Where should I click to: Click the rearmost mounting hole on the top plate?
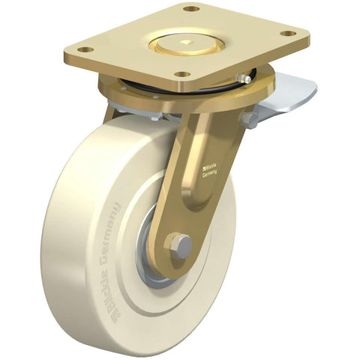192,8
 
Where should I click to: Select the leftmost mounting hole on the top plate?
85,49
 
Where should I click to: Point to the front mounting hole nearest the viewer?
181,75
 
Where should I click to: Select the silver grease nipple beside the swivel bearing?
243,78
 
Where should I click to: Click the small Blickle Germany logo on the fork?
212,171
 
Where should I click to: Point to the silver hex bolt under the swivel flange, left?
154,116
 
